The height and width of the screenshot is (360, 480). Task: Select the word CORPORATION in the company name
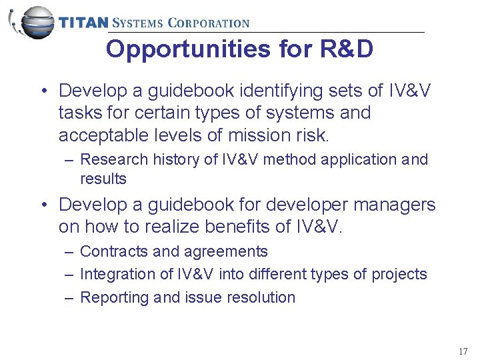pyautogui.click(x=208, y=23)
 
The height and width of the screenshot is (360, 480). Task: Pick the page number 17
pyautogui.click(x=463, y=351)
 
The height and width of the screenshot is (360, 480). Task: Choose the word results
pyautogui.click(x=103, y=179)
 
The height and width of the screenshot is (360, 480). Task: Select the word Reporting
pyautogui.click(x=114, y=298)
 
